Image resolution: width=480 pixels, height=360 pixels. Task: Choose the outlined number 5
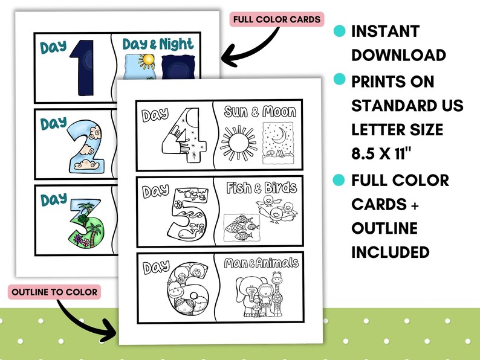click(x=187, y=213)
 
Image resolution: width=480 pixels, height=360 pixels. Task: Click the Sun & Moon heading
click(x=260, y=112)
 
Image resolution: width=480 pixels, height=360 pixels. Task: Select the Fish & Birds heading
click(x=261, y=187)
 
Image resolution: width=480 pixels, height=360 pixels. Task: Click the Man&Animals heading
click(x=261, y=263)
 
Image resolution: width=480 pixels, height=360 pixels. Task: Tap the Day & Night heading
click(x=158, y=44)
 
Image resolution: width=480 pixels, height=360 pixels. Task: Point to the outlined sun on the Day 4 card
click(x=238, y=145)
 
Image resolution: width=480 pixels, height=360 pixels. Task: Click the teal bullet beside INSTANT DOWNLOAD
click(x=340, y=30)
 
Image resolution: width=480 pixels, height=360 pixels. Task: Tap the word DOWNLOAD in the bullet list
click(x=398, y=55)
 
